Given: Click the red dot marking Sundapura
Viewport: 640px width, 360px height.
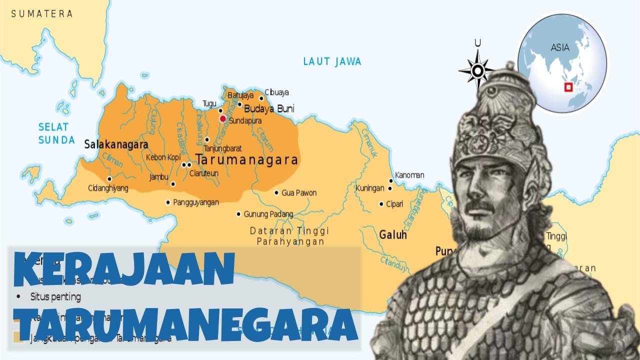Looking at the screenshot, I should [222, 118].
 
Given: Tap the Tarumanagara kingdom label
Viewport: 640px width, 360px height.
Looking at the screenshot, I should [247, 160].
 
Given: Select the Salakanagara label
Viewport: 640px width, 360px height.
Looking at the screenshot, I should [116, 144].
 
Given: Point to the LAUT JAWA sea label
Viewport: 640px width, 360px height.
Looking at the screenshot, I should [332, 61].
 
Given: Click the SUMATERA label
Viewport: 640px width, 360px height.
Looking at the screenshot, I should [42, 14].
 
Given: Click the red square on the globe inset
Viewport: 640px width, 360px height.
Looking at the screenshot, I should [568, 87].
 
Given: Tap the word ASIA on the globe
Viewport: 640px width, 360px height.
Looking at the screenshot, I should [560, 48].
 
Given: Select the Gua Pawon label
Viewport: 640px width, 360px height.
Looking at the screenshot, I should [299, 193].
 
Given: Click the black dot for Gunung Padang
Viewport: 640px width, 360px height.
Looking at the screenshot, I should [238, 214].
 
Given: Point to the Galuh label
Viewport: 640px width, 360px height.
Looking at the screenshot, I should [393, 235].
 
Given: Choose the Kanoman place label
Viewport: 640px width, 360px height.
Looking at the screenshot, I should [409, 175].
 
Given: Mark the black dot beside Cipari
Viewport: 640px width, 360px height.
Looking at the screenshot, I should [381, 204].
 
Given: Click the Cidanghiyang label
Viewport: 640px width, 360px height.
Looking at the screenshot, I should [108, 188].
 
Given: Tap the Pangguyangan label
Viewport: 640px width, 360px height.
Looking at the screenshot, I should [196, 202].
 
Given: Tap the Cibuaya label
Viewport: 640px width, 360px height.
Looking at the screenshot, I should [276, 92].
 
